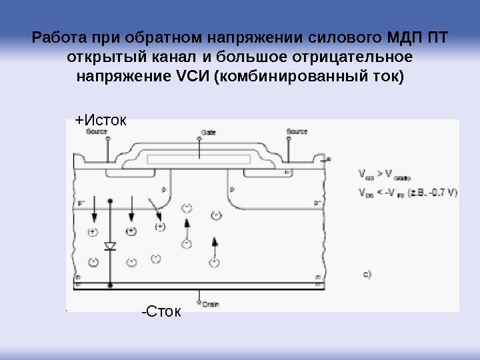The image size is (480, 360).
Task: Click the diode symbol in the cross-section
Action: tap(110, 246)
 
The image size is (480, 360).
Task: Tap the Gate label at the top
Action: tap(209, 132)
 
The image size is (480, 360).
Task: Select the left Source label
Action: tap(97, 131)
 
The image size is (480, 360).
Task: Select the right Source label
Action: tap(297, 131)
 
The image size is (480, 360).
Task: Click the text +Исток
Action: tap(99, 120)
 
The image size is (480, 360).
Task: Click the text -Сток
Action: tap(161, 311)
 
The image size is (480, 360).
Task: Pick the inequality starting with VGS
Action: tap(386, 177)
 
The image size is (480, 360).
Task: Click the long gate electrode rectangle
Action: tap(203, 160)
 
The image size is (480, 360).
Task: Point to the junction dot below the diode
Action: tap(110, 285)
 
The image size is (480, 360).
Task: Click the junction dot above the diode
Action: tap(110, 200)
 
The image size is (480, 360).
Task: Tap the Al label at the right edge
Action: tap(329, 159)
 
